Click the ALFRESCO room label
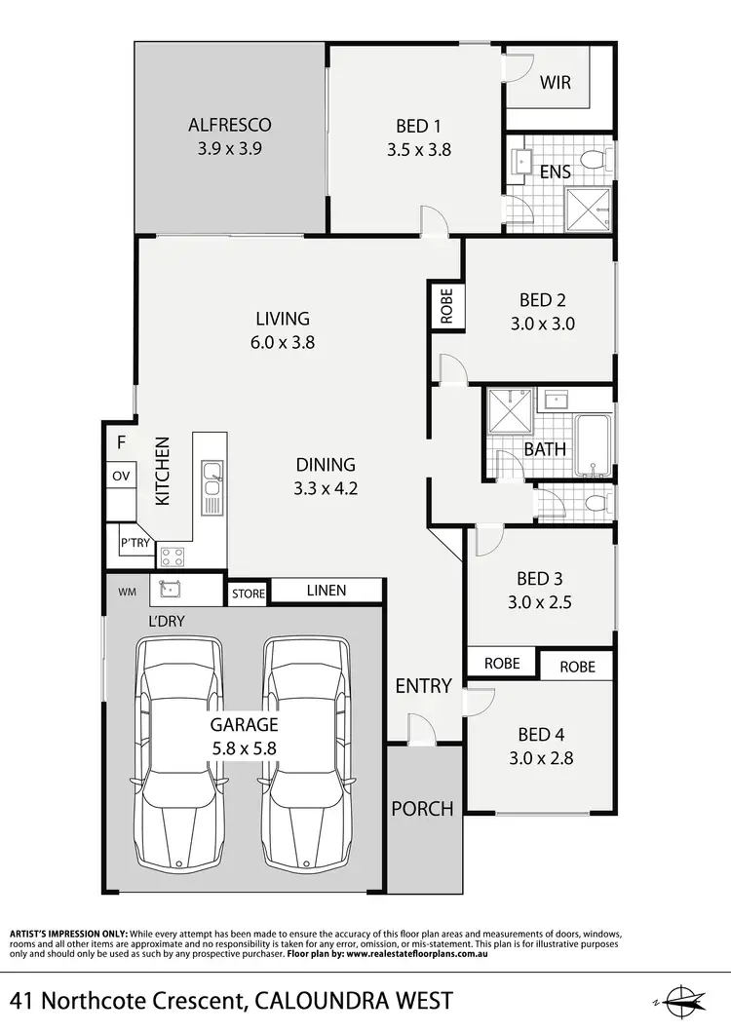click(229, 125)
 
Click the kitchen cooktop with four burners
click(173, 556)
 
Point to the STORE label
click(249, 593)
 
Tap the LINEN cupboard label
click(326, 591)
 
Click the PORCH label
click(422, 808)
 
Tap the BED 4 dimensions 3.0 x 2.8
click(541, 757)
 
